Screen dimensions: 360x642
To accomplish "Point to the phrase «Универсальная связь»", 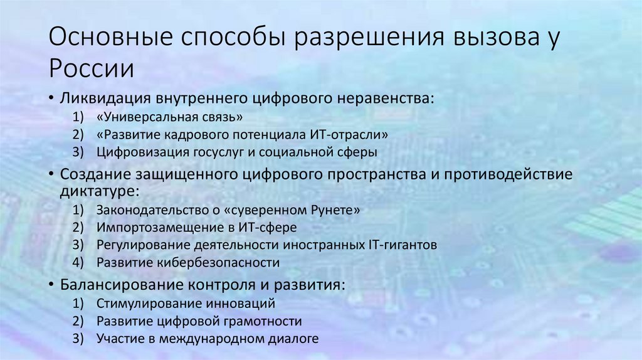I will click(169, 117).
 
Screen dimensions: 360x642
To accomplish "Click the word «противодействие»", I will click(508, 174).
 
